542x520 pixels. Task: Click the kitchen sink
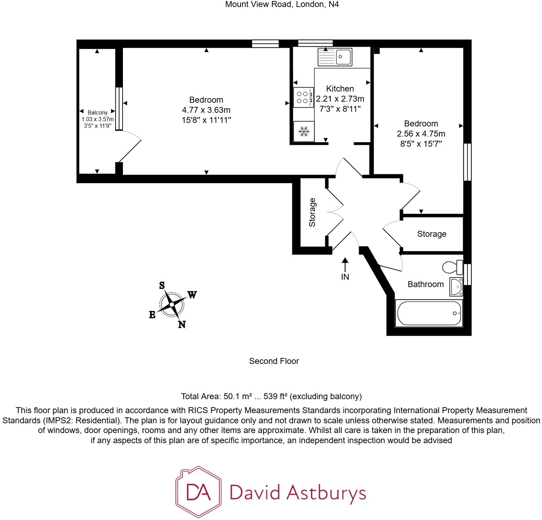pyautogui.click(x=335, y=57)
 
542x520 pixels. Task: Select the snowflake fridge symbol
pyautogui.click(x=304, y=132)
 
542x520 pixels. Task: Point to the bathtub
pyautogui.click(x=429, y=313)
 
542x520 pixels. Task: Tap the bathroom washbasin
pyautogui.click(x=456, y=286)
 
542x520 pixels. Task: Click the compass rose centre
pyautogui.click(x=171, y=304)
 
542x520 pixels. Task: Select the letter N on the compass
pyautogui.click(x=182, y=324)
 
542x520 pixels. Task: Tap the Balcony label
pyautogui.click(x=97, y=112)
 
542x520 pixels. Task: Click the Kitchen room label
pyautogui.click(x=340, y=89)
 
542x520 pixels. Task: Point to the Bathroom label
pyautogui.click(x=426, y=284)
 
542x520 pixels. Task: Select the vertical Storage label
pyautogui.click(x=313, y=212)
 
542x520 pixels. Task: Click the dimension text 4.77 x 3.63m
pyautogui.click(x=206, y=110)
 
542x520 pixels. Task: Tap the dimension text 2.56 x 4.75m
pyautogui.click(x=421, y=134)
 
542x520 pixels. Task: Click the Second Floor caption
pyautogui.click(x=274, y=361)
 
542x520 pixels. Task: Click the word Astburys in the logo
pyautogui.click(x=326, y=493)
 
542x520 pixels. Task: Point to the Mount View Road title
pyautogui.click(x=282, y=5)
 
